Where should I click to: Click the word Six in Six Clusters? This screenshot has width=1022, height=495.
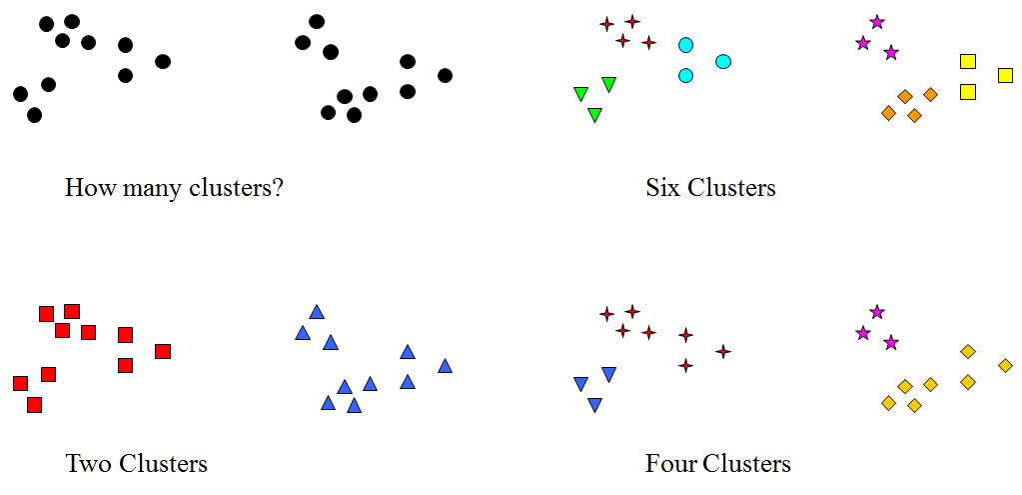click(662, 187)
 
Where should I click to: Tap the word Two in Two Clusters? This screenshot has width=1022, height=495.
click(88, 463)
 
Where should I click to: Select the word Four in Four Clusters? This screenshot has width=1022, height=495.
click(670, 463)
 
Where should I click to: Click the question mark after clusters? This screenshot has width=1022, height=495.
click(277, 187)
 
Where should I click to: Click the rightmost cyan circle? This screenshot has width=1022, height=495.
click(723, 62)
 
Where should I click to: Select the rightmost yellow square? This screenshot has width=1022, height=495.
click(1005, 75)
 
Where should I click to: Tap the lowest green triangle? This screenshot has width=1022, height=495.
click(594, 115)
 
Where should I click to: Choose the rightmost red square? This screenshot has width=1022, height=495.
click(163, 351)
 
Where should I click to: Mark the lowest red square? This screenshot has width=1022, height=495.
click(34, 405)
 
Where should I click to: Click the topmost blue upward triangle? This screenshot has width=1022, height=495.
click(317, 312)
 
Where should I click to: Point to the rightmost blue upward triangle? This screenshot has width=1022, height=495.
click(445, 366)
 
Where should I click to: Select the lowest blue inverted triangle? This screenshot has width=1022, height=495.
click(594, 405)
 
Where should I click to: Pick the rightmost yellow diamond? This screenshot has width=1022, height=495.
click(1005, 365)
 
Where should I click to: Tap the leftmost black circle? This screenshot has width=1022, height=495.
click(20, 94)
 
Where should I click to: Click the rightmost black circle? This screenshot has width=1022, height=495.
click(445, 75)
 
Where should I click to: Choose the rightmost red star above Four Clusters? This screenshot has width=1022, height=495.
click(722, 351)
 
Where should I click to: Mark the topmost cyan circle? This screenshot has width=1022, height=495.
click(685, 45)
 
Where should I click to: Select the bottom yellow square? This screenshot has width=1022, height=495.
click(967, 92)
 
